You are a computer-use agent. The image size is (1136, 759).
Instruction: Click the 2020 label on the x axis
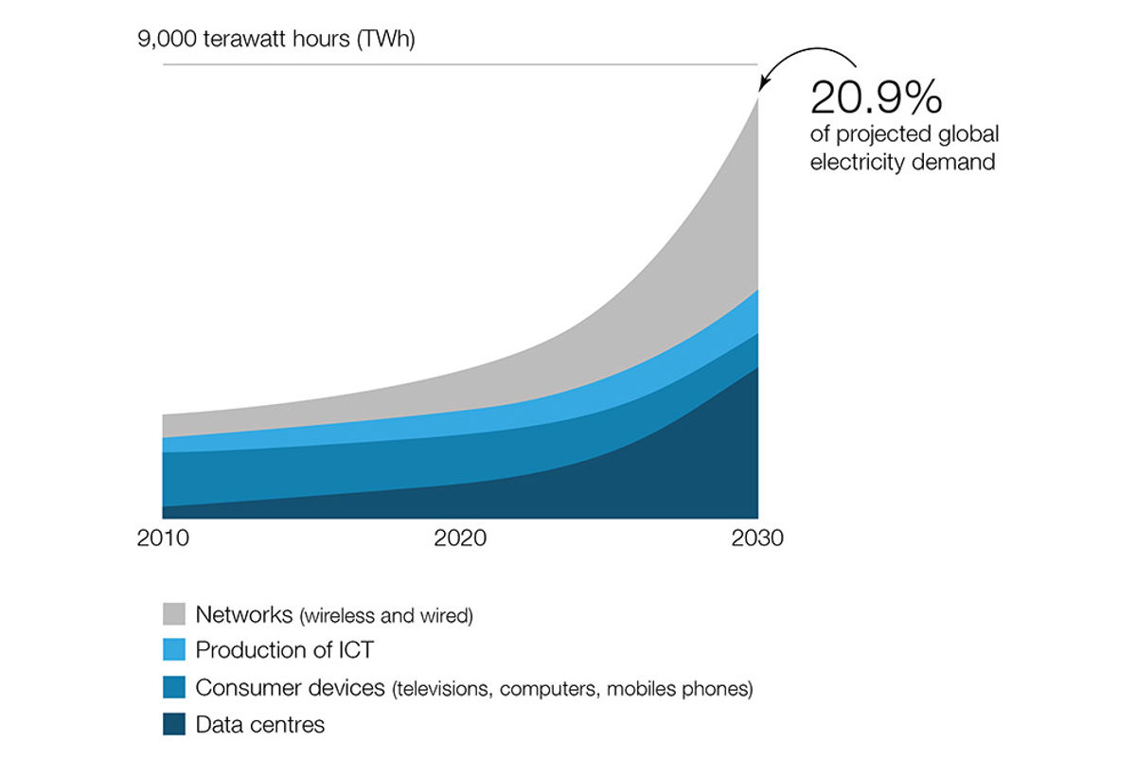click(x=460, y=539)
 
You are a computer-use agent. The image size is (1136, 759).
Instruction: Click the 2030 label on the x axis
click(x=757, y=539)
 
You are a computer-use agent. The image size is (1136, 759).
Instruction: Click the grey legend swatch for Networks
click(x=175, y=614)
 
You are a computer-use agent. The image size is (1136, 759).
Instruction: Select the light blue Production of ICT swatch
click(x=175, y=651)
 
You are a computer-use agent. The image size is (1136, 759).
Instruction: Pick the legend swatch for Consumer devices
click(x=175, y=688)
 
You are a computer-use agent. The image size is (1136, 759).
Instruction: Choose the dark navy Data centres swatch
click(x=175, y=725)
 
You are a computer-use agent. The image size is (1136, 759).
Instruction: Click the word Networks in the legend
click(x=244, y=614)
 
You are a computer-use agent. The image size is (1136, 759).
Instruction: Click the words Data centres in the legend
click(x=260, y=725)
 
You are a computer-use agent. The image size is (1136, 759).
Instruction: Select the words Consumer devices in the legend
click(x=290, y=688)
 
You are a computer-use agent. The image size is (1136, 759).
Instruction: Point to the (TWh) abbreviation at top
click(x=386, y=41)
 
